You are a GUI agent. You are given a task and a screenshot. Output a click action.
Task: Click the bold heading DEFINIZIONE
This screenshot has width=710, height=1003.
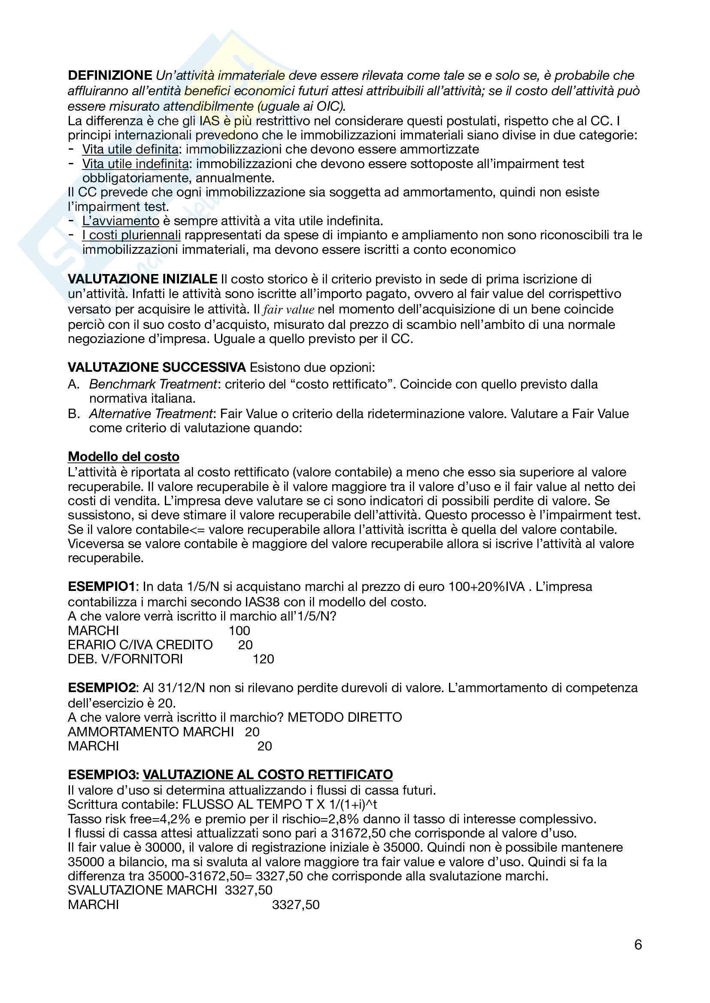pos(110,75)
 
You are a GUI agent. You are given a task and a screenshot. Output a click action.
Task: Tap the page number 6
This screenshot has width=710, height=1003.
pos(638,945)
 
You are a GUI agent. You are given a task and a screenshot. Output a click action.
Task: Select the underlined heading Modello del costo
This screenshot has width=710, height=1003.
pos(123,457)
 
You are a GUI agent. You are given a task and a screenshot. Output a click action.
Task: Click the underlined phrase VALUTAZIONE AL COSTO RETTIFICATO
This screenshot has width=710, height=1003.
pos(267,774)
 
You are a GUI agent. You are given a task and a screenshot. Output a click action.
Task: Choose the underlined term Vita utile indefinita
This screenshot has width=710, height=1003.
pos(136,164)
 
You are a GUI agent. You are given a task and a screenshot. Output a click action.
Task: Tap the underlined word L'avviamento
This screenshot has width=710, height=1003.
pos(121,221)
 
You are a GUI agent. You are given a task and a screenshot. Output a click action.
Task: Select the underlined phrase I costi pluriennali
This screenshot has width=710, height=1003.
pos(131,235)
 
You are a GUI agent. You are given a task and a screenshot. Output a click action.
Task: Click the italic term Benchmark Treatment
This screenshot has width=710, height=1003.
pos(153,384)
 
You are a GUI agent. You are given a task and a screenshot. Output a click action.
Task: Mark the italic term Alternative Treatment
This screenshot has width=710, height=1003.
pos(151,414)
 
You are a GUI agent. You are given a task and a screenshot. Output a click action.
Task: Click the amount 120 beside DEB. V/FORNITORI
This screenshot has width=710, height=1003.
pos(263,659)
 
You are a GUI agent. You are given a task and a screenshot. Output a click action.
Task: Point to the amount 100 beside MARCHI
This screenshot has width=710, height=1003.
pos(239,631)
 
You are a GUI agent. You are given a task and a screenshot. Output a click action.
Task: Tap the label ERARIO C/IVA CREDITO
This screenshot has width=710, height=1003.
pos(140,645)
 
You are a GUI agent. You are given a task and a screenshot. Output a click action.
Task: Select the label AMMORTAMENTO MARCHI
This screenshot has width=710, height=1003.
pos(150,732)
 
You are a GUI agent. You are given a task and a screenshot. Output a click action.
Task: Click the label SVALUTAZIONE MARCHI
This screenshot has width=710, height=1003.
pos(142,890)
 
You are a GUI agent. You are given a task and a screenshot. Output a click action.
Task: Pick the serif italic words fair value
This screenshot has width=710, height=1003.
pos(288,310)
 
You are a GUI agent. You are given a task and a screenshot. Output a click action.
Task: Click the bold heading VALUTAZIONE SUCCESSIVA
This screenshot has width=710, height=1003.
pos(157,367)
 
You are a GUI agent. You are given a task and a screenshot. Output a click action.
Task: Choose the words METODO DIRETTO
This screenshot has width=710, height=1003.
pos(345,717)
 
